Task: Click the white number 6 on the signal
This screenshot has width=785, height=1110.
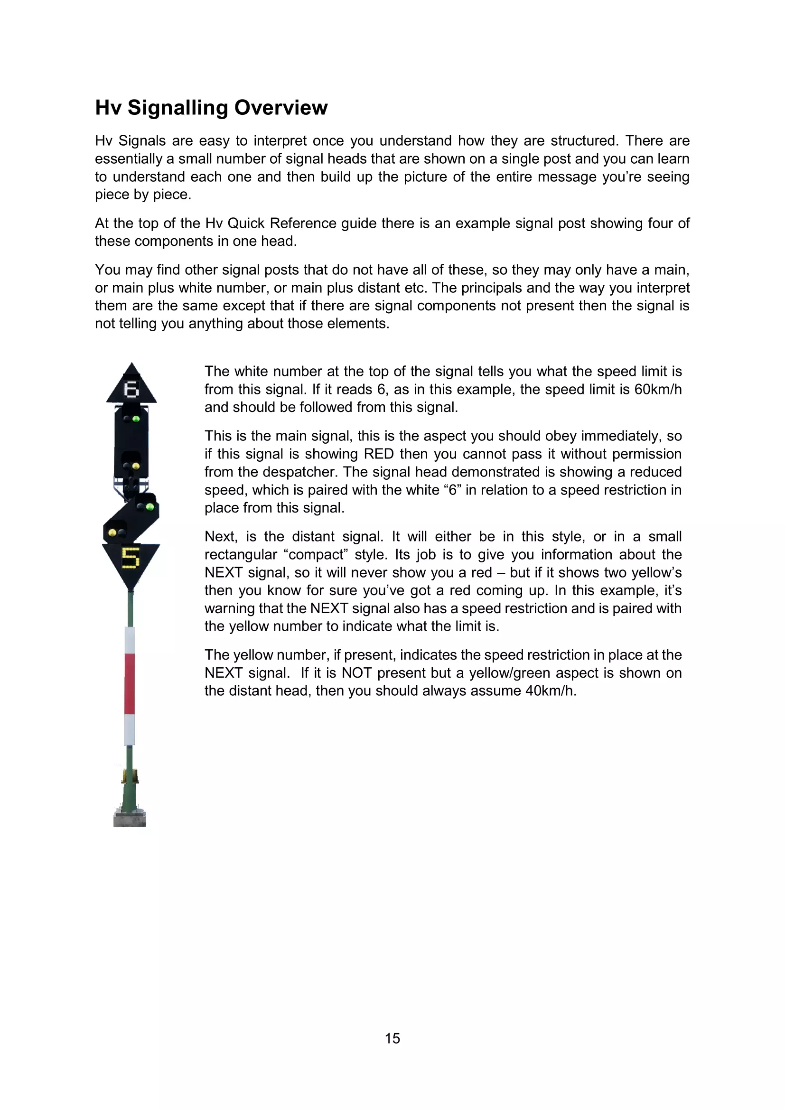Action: [131, 389]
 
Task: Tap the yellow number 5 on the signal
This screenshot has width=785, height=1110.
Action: [131, 558]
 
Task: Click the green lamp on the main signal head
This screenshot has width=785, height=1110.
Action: [136, 419]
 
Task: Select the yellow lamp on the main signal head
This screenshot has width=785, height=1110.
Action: [136, 466]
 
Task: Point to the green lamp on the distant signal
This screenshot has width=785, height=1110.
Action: [150, 507]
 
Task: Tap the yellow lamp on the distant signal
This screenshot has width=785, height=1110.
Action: [112, 532]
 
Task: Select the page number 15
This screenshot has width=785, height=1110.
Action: [392, 1038]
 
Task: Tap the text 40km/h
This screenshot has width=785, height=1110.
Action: [551, 690]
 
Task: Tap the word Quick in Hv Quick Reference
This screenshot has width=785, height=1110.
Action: [246, 224]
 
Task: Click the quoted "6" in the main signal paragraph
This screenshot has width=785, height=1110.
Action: [451, 490]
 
